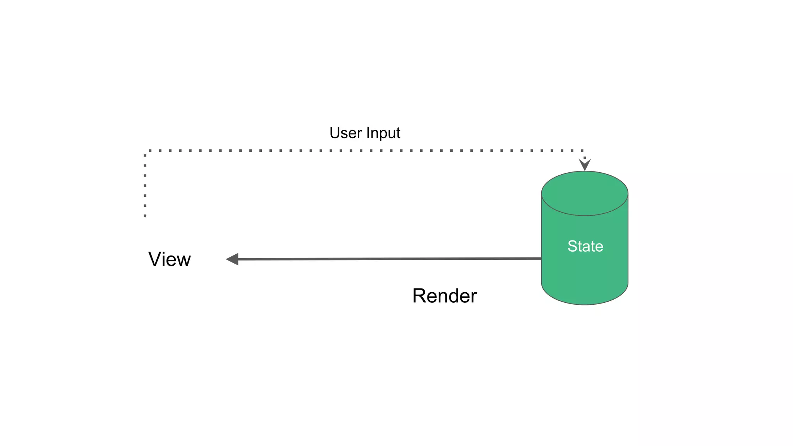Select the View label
(170, 259)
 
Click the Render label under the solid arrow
(445, 296)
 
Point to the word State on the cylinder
(585, 246)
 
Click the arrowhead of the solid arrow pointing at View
(232, 259)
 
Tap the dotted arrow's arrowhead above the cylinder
(585, 165)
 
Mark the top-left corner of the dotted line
(145, 151)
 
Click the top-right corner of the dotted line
(584, 151)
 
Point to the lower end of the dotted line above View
(145, 215)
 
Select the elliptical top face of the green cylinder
(585, 193)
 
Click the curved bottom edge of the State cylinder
(585, 304)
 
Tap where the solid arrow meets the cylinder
(541, 258)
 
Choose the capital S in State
(572, 246)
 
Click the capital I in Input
(368, 133)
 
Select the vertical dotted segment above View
(145, 184)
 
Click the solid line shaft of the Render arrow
(387, 259)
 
